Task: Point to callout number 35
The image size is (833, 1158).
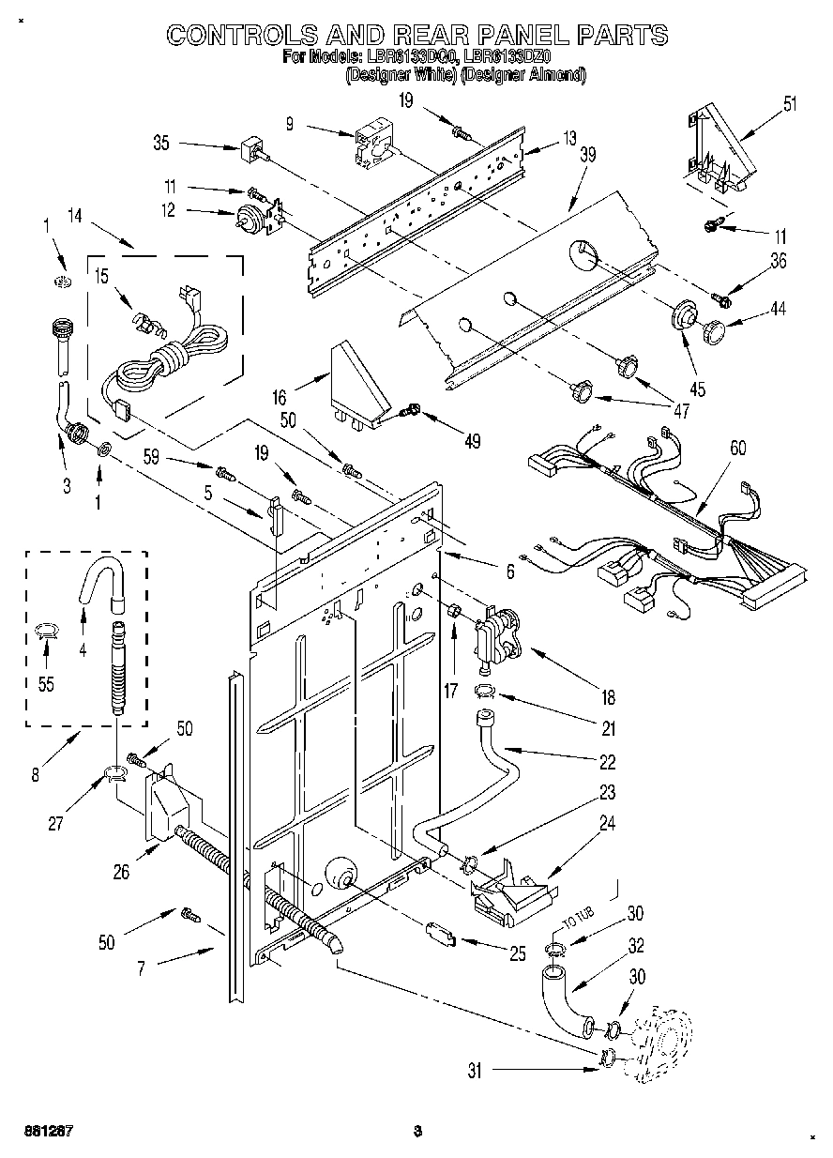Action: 161,144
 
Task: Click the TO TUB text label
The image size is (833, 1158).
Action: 572,925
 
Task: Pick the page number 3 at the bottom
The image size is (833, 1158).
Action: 417,1132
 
